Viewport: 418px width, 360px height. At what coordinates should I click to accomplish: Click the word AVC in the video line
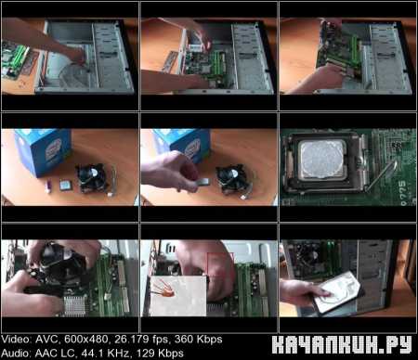[46, 340]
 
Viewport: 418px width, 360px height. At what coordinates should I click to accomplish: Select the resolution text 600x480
[85, 340]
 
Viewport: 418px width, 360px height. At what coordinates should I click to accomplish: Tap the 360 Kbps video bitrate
[198, 340]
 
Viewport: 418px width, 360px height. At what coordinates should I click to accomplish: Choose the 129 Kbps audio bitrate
[160, 353]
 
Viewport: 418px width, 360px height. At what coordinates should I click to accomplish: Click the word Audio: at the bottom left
[16, 353]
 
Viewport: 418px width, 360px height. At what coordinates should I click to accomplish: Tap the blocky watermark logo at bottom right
[342, 345]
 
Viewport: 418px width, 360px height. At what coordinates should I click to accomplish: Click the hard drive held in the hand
[337, 293]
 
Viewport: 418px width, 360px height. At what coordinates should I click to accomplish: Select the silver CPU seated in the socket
[322, 160]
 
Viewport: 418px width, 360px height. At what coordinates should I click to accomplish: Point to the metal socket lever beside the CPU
[381, 175]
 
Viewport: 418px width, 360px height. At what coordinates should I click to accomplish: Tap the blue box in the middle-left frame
[44, 151]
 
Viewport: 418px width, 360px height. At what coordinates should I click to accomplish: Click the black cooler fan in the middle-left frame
[92, 179]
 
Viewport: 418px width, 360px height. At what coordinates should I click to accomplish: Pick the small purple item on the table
[48, 186]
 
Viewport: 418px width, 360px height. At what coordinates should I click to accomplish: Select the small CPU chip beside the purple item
[65, 186]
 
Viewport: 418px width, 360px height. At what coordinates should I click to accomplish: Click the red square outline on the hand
[220, 264]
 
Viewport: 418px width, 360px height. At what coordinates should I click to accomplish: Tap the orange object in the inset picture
[164, 289]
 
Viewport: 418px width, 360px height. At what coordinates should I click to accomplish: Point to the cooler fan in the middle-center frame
[231, 179]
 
